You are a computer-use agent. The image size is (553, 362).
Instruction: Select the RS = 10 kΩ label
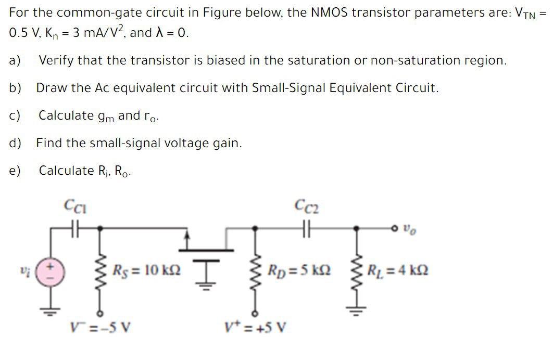[147, 271]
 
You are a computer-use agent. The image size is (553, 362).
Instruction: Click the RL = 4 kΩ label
[397, 271]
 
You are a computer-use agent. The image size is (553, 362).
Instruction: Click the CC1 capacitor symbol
[74, 227]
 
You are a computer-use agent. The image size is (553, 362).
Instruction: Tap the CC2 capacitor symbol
[306, 227]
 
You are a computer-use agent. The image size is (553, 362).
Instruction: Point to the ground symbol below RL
[357, 311]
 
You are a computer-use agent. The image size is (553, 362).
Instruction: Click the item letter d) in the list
[15, 143]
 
